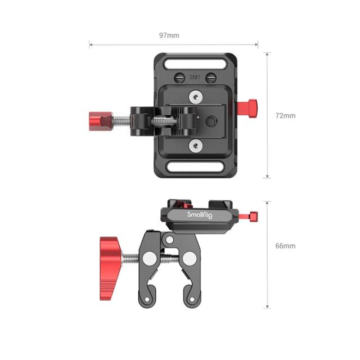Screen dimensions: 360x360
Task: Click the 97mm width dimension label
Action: (169, 35)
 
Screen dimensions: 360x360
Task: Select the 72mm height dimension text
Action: (285, 115)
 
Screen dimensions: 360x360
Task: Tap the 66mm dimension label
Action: (285, 246)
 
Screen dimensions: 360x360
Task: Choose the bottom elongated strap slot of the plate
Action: (194, 167)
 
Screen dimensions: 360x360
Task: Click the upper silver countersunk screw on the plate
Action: (194, 97)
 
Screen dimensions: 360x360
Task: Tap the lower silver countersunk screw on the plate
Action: (194, 146)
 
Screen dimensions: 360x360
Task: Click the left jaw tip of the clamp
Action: (146, 303)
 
